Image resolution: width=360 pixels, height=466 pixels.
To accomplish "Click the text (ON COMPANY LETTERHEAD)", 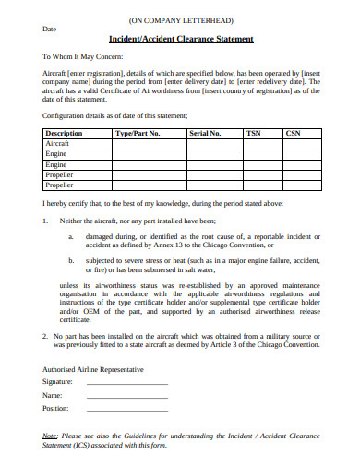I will [181, 18].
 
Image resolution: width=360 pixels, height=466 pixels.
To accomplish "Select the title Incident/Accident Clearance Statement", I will [181, 40].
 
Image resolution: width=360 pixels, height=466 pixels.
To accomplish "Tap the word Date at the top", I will [50, 29].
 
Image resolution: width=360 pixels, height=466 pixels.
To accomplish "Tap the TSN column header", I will [254, 133].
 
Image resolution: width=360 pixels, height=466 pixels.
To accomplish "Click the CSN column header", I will [294, 133].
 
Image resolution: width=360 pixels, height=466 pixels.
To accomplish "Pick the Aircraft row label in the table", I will [57, 143].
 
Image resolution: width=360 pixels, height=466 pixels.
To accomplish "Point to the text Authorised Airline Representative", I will [93, 368].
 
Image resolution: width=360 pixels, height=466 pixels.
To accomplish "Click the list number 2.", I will [45, 337].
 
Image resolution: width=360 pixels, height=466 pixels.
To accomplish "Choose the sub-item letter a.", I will [71, 236].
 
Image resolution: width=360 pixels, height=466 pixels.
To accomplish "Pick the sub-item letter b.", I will [71, 261].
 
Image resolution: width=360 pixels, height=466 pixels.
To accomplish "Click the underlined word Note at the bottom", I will [51, 434].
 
